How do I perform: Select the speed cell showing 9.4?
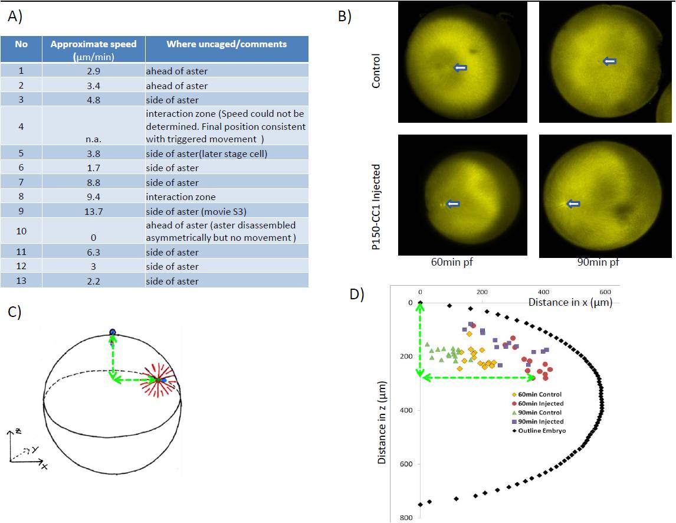93,197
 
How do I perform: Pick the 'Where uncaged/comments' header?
227,44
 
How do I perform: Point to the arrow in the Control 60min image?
461,68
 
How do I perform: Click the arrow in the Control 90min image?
609,61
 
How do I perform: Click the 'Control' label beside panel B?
376,71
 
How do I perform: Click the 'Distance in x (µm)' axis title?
569,302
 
